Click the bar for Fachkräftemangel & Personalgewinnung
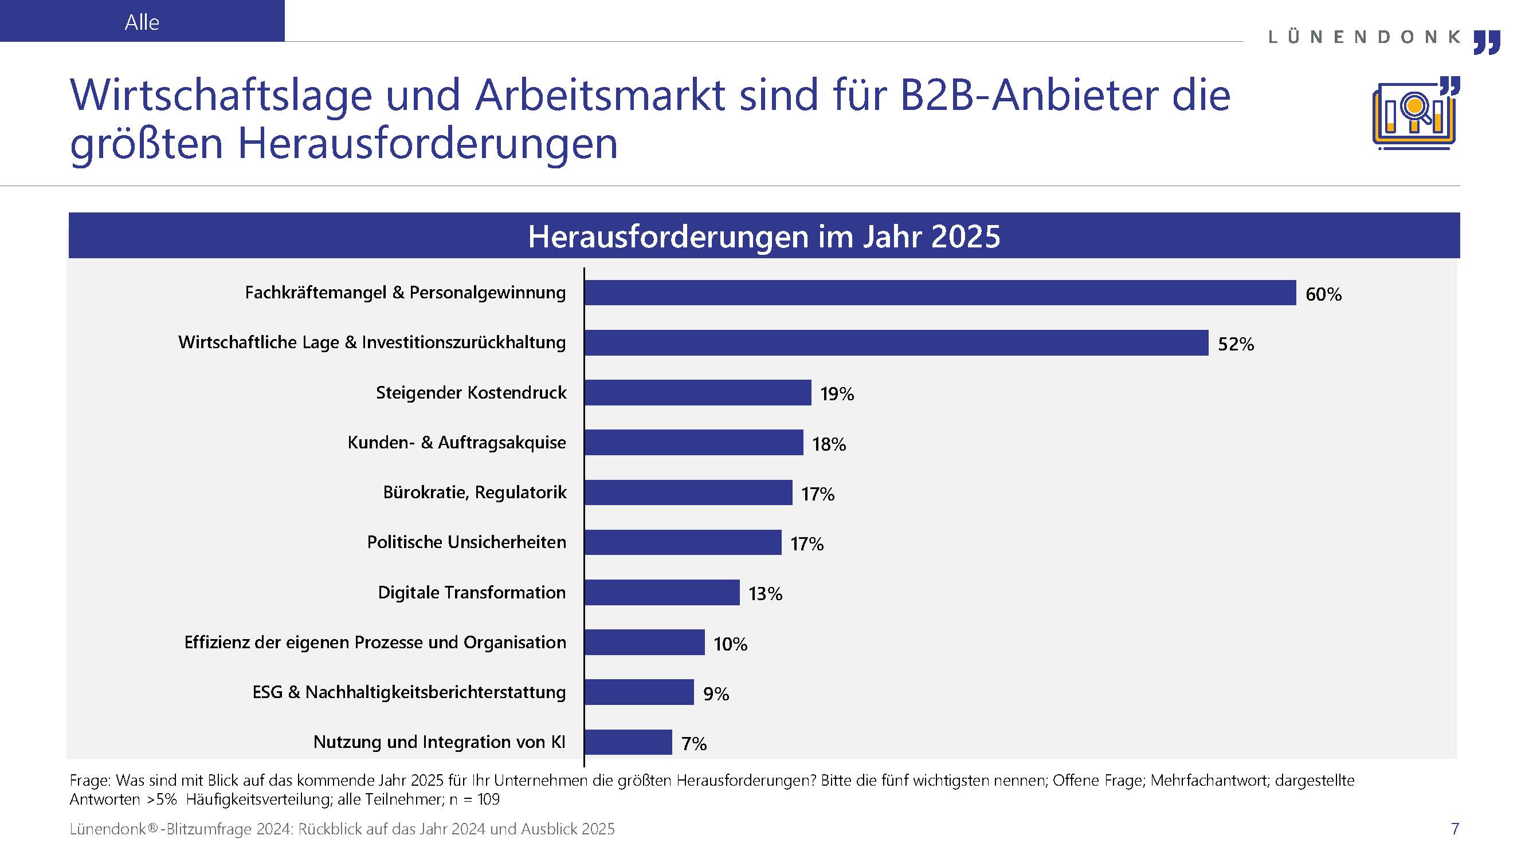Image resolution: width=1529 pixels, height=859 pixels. tap(940, 293)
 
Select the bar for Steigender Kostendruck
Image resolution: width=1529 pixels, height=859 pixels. tap(697, 393)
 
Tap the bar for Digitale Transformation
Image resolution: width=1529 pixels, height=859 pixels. tap(662, 593)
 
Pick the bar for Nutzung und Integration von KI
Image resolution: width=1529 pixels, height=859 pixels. tap(628, 742)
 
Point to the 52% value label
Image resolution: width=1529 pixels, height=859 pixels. tap(1236, 344)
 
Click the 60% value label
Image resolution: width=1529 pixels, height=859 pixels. tap(1323, 294)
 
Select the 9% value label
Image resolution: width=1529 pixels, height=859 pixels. tap(716, 693)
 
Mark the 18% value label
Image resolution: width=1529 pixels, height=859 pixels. tap(829, 444)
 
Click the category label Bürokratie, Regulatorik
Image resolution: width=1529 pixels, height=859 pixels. tap(475, 492)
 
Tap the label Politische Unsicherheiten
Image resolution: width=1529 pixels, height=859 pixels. tap(466, 542)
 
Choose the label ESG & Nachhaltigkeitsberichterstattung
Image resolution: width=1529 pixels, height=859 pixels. tap(409, 692)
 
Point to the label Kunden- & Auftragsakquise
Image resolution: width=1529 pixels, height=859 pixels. tap(456, 443)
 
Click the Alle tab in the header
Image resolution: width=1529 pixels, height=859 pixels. tap(142, 22)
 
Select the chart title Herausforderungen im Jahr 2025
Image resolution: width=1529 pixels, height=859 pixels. tap(764, 236)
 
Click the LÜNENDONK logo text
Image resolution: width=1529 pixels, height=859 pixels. tap(1364, 37)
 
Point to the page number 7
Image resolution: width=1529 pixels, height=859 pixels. tap(1454, 829)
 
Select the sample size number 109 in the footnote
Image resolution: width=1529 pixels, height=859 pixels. tap(488, 799)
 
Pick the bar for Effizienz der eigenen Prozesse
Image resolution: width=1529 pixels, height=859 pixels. tap(645, 643)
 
